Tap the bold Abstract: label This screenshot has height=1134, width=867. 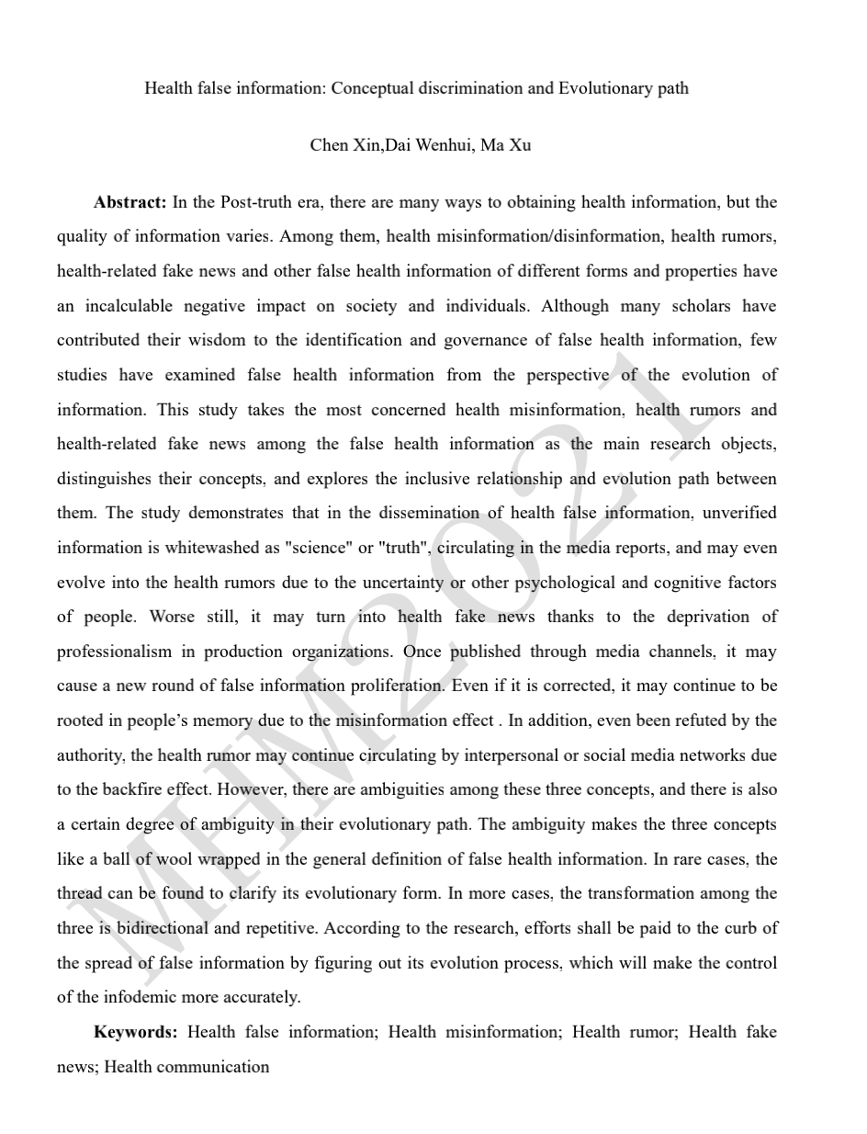[129, 202]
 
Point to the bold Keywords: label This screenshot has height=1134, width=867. [136, 1032]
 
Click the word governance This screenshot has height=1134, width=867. [483, 340]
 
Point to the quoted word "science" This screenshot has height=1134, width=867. [318, 548]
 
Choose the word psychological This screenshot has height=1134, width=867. [569, 583]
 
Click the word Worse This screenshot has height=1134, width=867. [172, 617]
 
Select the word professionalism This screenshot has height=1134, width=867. [114, 652]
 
